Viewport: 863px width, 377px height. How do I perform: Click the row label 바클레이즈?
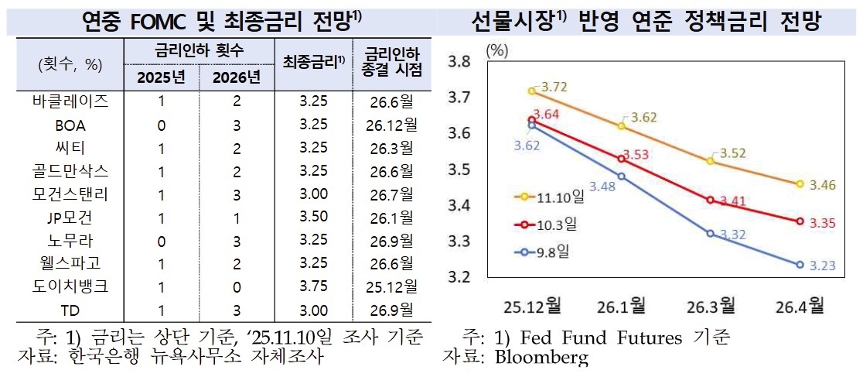71,101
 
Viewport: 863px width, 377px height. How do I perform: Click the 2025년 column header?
160,77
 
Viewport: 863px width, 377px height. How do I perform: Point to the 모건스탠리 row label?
71,194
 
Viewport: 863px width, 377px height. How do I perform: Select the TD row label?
71,310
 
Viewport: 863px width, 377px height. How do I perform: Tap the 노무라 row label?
71,240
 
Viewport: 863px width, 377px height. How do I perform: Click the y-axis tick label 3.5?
460,169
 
